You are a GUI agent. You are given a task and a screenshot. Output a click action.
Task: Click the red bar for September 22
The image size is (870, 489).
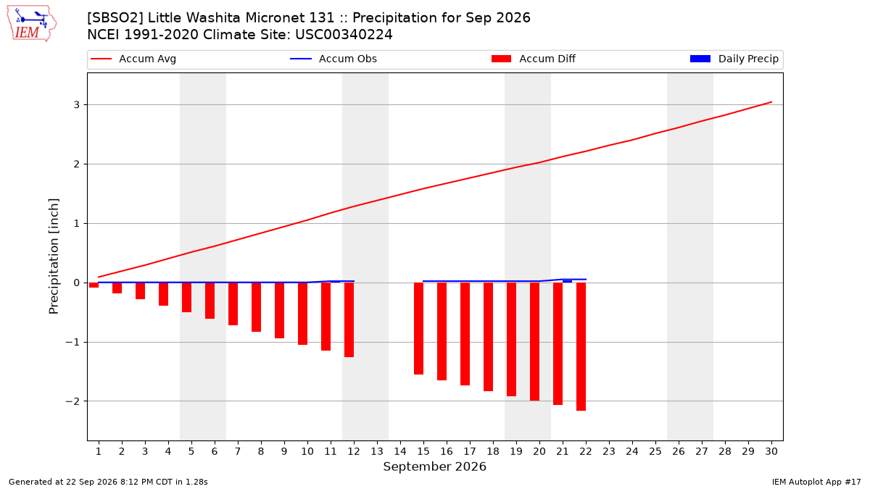point(581,346)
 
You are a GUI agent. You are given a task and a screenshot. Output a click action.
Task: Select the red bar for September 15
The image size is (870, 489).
point(419,328)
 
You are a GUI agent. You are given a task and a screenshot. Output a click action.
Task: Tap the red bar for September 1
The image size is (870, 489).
point(94,285)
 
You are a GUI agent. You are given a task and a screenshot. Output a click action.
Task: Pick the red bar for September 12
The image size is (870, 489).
point(349,319)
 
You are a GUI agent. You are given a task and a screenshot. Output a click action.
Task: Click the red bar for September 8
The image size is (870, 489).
point(257,307)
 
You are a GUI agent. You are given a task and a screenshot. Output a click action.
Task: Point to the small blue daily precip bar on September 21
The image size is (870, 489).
point(567,281)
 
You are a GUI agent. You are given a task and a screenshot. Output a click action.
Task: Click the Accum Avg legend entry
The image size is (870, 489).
point(133,59)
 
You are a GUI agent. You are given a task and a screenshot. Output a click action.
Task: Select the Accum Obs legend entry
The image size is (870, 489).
point(333,59)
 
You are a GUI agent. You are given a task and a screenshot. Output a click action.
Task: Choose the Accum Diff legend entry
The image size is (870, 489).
point(534,59)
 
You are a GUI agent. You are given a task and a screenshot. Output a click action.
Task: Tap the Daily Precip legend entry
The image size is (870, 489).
point(734,59)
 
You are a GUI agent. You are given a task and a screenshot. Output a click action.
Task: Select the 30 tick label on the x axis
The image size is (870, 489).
point(771,451)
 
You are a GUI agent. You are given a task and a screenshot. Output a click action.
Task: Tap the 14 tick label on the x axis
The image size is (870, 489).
point(400,451)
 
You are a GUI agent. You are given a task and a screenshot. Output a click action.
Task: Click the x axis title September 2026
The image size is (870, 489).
point(434,467)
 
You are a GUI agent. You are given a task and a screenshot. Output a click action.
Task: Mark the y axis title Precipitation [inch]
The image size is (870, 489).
point(54,256)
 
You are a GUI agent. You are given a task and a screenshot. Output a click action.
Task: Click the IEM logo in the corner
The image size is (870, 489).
point(31,24)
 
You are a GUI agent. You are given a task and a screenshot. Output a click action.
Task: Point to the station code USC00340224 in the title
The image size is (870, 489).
point(344,35)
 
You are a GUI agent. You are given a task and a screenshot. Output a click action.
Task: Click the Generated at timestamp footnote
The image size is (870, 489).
point(108,482)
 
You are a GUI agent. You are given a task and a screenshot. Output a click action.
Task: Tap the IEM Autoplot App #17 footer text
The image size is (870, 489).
point(816,482)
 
